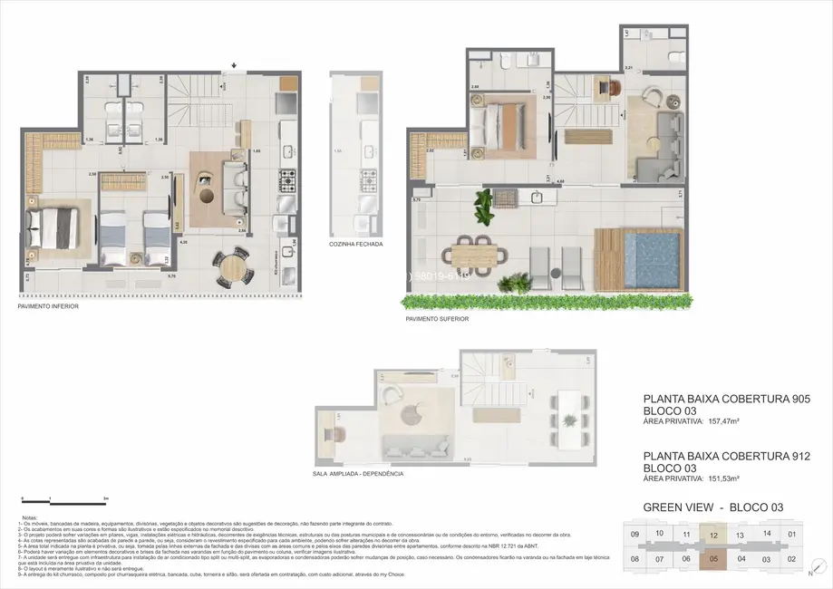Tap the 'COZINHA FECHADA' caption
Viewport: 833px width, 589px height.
[355, 245]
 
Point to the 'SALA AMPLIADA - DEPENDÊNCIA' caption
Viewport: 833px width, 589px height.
[357, 474]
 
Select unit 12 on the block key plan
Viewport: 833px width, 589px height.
[714, 536]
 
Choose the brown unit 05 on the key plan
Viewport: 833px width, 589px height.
[714, 559]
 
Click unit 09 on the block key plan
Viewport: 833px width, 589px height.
[634, 534]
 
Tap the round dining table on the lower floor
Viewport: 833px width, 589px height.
[235, 266]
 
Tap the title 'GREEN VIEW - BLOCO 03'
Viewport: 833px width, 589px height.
[712, 507]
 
